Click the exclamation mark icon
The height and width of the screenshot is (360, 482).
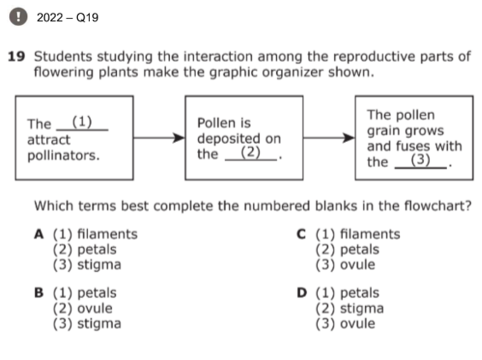point(19,16)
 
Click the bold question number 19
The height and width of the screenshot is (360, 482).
point(16,56)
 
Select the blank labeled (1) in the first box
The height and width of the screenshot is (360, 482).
point(82,123)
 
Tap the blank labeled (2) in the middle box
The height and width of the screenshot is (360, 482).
point(251,153)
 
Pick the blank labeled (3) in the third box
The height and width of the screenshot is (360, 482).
point(420,161)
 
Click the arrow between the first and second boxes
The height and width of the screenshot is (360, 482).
point(159,138)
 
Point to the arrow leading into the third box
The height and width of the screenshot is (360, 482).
point(329,138)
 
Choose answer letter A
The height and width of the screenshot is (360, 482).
point(38,234)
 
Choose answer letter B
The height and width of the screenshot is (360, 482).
point(38,292)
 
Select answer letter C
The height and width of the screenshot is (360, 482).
point(301,234)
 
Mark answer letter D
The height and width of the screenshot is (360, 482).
point(302,292)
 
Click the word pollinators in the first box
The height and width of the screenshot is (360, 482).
point(63,156)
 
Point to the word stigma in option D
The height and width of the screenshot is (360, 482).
point(362,309)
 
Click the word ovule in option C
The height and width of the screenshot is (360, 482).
point(358,264)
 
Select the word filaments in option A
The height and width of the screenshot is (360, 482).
point(108,234)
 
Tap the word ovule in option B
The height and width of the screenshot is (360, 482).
point(95,309)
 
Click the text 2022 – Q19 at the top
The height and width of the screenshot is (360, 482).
point(68,18)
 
